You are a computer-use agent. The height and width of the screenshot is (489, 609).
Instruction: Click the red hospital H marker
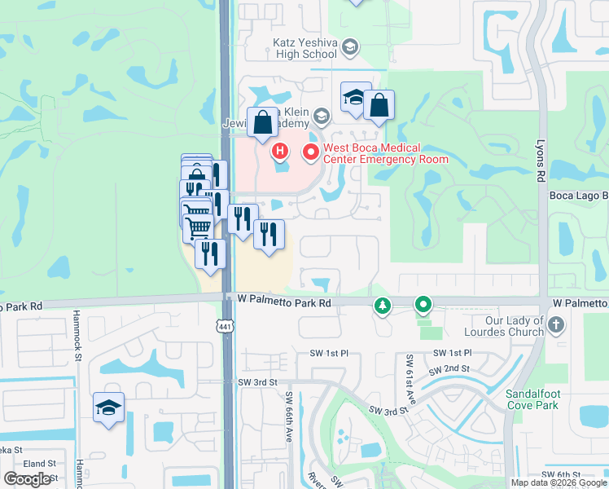pos(281,151)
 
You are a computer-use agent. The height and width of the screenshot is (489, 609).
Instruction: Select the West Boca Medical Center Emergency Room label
pos(386,153)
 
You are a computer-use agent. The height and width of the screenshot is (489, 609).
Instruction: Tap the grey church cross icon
pos(555,326)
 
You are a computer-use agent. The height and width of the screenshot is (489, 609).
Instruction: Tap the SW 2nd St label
pos(454,368)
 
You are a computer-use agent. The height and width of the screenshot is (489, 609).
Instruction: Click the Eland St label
pos(39,463)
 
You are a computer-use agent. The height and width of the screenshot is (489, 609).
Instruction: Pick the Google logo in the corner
pos(27,479)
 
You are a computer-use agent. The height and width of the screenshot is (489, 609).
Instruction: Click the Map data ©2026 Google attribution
pos(559,482)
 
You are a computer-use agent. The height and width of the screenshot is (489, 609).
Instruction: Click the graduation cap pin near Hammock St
pos(108,408)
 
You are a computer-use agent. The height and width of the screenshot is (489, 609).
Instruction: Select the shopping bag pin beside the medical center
pos(379,105)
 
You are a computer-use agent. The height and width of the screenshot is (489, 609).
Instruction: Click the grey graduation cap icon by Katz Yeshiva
pos(350,47)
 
